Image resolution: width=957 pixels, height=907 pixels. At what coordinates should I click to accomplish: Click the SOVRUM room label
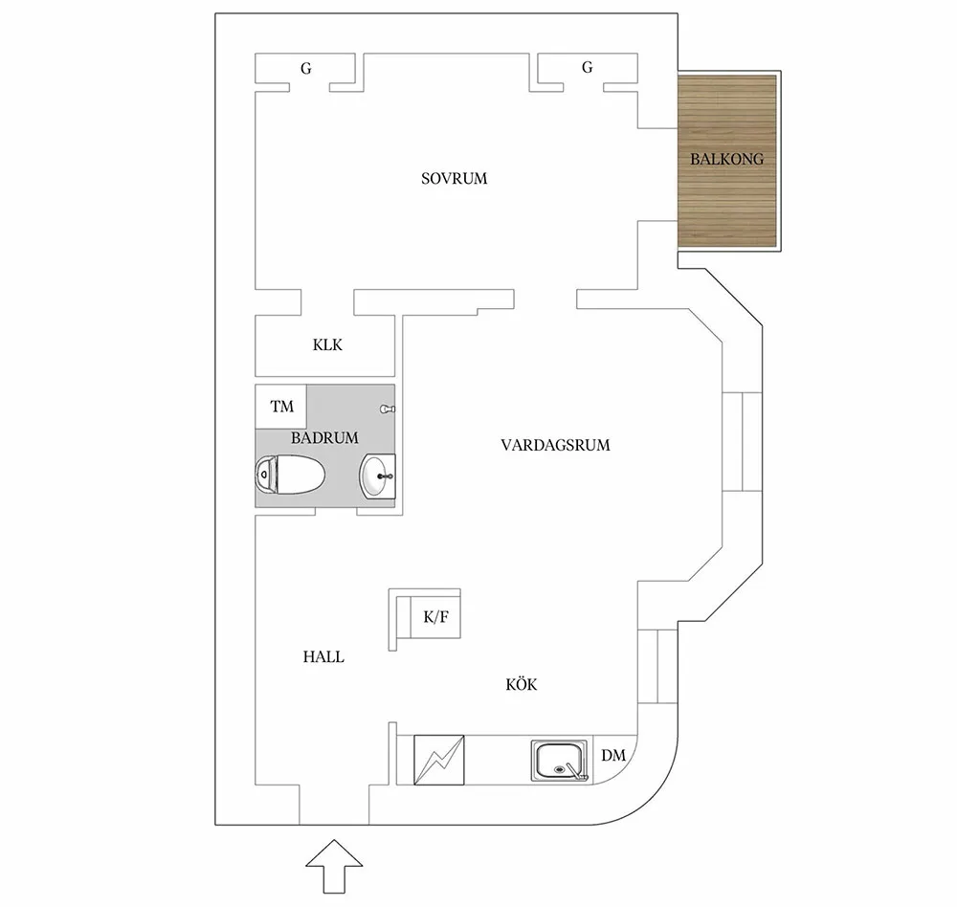455,178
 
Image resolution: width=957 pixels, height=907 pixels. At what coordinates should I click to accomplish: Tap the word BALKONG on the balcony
727,160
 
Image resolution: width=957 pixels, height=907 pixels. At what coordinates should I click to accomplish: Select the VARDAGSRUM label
555,445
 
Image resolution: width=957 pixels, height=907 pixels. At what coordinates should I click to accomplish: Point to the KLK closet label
327,345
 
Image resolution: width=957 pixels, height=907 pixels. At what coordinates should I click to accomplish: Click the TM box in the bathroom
281,407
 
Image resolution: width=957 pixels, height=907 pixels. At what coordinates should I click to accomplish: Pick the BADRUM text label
324,437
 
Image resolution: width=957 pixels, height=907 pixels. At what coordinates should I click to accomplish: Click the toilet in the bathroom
291,473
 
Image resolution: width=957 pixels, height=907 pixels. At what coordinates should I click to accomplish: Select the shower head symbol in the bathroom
387,409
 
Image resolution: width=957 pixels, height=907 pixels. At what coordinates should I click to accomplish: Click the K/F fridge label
435,618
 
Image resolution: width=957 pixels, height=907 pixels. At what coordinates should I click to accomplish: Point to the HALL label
323,657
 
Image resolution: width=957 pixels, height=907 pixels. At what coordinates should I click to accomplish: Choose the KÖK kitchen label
521,684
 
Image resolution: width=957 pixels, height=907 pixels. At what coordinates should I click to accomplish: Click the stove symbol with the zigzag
438,760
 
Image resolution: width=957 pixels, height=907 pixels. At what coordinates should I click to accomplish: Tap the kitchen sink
557,761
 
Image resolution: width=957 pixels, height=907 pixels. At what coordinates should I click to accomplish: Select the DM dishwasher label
613,756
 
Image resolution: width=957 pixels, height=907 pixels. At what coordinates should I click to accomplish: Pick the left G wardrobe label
305,68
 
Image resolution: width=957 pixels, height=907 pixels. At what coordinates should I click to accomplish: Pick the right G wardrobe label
587,68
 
